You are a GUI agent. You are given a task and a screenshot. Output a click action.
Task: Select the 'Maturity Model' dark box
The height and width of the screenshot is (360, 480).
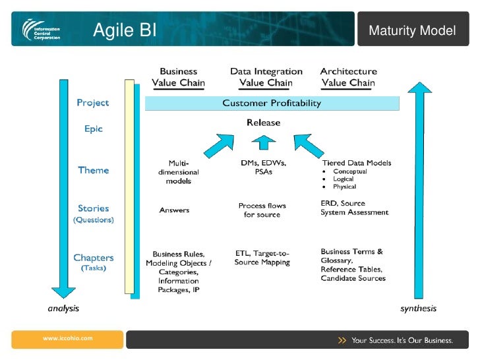412,30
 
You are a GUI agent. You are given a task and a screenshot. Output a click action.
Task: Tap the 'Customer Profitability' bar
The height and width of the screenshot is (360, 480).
272,103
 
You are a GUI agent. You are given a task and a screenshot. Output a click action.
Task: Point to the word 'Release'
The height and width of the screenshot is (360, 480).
263,123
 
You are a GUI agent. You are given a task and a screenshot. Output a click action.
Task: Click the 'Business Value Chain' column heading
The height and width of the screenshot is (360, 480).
178,77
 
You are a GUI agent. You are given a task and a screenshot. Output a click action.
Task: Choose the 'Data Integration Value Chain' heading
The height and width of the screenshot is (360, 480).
266,77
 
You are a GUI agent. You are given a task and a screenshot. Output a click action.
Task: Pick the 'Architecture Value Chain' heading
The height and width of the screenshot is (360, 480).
348,77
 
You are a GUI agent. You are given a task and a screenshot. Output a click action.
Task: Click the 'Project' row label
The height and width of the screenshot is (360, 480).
93,103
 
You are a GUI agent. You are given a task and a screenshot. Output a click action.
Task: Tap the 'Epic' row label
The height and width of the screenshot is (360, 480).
93,129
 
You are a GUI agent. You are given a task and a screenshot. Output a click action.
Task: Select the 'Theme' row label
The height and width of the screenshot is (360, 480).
93,170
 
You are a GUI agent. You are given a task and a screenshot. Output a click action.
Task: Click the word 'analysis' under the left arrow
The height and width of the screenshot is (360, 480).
64,308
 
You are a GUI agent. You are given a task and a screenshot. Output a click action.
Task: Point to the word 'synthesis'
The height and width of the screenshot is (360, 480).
418,308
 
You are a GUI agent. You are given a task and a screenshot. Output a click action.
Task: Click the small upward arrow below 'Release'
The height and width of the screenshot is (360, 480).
264,142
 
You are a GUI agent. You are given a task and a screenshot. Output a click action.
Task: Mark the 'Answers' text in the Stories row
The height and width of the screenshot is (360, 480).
174,210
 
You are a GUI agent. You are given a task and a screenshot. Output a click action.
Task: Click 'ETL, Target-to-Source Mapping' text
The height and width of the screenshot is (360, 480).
262,257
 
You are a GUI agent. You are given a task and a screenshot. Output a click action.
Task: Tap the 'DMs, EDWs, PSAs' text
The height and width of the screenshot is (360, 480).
263,167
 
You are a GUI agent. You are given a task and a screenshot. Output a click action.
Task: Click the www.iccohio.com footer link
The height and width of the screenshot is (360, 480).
67,338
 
